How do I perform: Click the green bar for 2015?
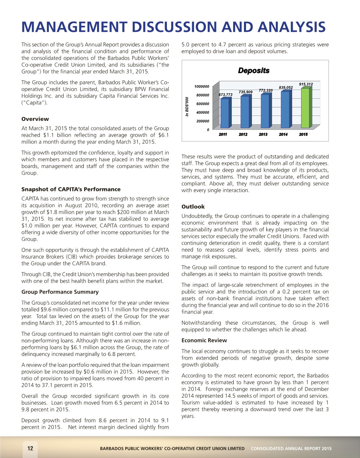(305, 108)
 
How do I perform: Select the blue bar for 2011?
(225, 113)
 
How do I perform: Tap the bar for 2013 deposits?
(265, 111)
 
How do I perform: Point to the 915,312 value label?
(306, 84)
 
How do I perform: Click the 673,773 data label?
(225, 95)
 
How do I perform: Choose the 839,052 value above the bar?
(286, 88)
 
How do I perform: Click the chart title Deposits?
(253, 71)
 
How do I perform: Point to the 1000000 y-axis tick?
(202, 87)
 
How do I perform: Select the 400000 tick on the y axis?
(203, 112)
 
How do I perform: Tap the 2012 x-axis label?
(243, 134)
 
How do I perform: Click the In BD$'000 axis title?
(187, 107)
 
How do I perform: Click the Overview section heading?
(35, 119)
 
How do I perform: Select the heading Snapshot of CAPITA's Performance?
(71, 189)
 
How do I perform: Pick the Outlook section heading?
(193, 207)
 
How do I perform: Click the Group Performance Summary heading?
(60, 292)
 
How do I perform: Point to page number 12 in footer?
(30, 448)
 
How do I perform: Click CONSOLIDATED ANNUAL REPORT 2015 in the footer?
(291, 449)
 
